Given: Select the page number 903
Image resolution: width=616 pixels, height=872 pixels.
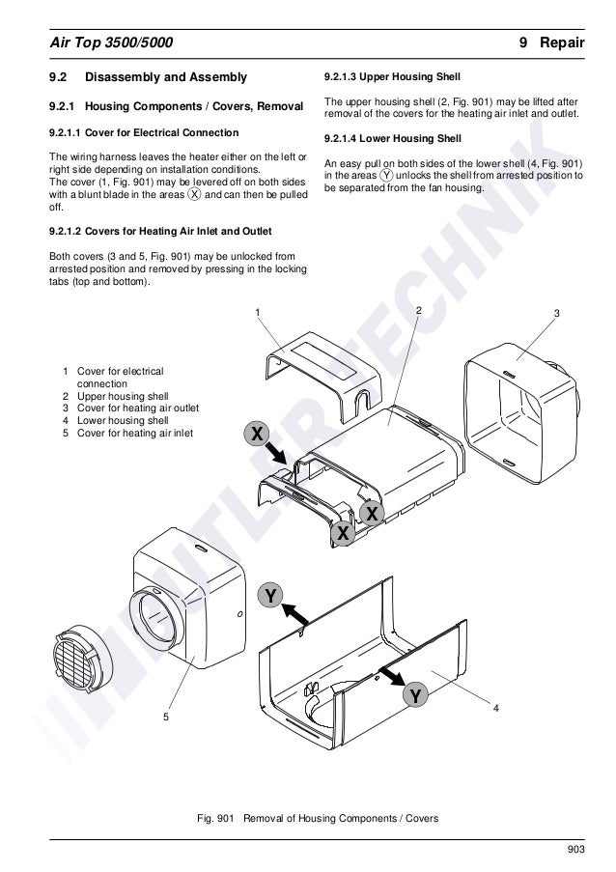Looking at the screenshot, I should pos(576,848).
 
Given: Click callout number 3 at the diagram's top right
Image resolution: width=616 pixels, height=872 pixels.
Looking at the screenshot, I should pos(558,314).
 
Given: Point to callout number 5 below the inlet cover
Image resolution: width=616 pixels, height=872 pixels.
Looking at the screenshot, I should pos(165,717).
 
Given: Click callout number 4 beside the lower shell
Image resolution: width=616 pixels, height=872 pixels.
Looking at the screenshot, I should pos(495,709).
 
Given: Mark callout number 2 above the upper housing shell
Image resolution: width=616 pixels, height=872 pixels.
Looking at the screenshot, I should pos(419,309).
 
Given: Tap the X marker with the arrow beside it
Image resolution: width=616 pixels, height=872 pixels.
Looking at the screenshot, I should pos(256,435).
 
